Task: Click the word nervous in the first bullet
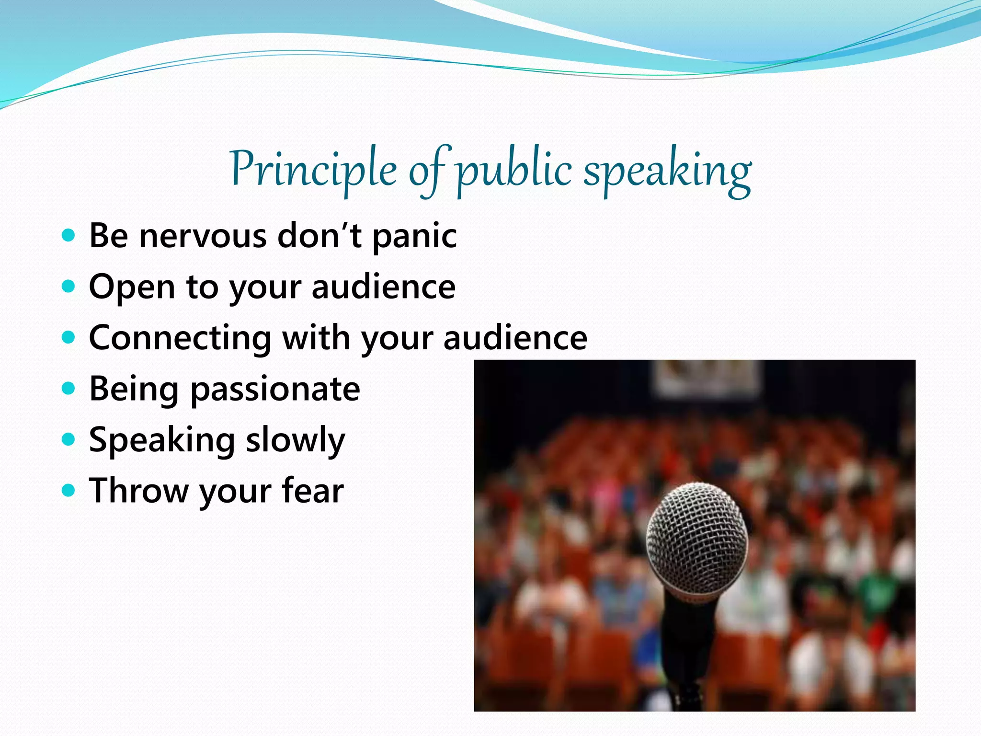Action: click(203, 236)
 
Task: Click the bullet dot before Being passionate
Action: click(69, 388)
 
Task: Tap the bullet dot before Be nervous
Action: click(69, 235)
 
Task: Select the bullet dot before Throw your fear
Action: click(69, 490)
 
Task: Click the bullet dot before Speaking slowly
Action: click(69, 439)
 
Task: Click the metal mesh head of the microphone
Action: click(696, 537)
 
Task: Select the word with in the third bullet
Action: click(316, 338)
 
